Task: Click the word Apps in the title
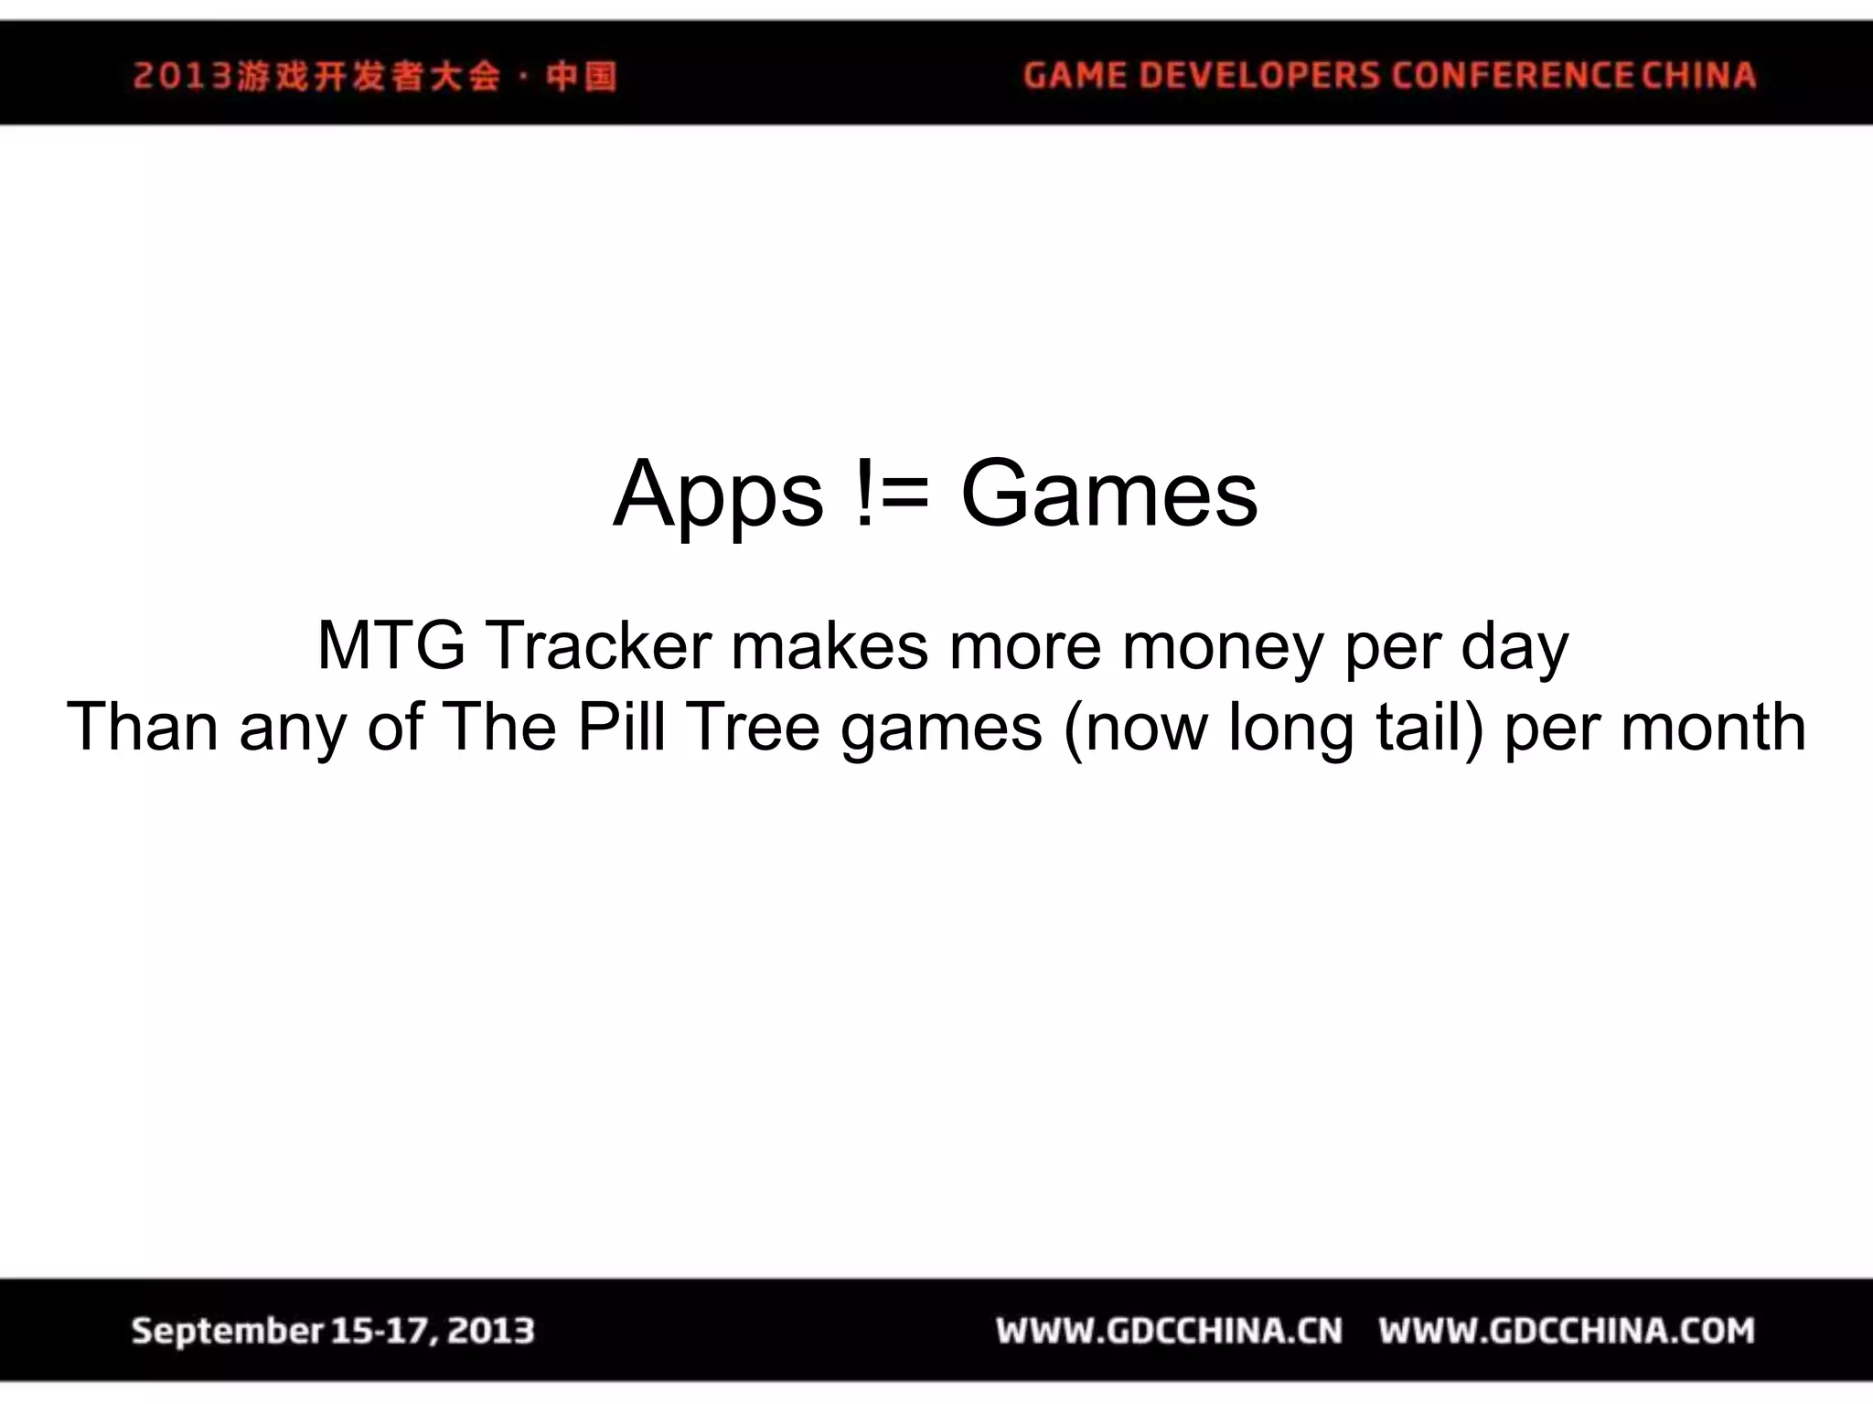718,495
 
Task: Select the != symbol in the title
892,495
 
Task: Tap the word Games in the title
1108,495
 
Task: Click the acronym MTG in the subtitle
391,645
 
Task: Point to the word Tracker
598,645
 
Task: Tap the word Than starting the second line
143,727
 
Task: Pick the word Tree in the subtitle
753,727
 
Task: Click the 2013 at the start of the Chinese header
182,76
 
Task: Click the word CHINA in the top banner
1698,75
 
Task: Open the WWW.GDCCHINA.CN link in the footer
1169,1331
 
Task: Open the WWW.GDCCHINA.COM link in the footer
1566,1331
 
